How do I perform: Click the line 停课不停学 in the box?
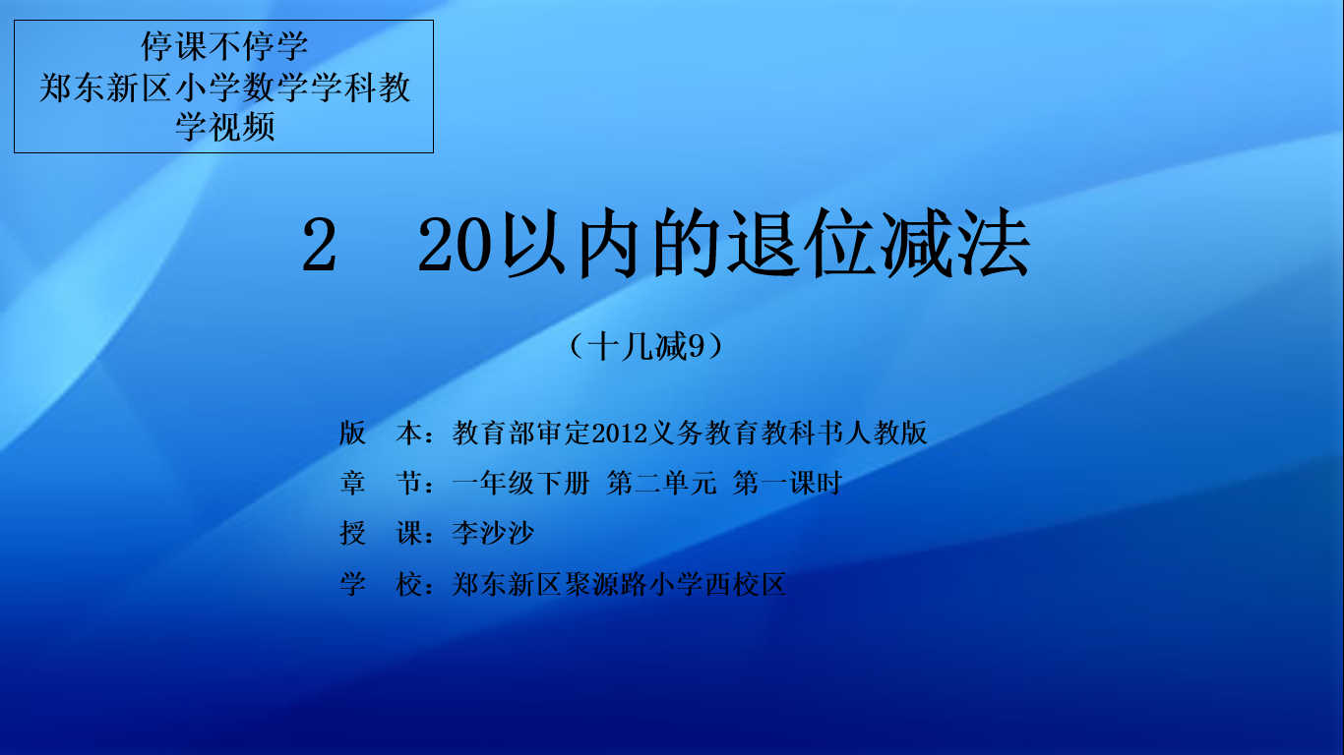224,46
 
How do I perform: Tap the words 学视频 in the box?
224,127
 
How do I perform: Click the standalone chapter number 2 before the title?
319,244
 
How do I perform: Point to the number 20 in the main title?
455,244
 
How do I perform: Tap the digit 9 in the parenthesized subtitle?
696,346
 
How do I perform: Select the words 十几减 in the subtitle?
637,346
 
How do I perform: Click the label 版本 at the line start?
382,433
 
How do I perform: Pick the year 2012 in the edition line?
620,433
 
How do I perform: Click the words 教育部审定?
520,433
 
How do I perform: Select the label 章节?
382,483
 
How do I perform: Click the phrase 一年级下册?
520,483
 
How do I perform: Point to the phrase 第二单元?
661,483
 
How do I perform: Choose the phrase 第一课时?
787,483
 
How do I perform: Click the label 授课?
382,533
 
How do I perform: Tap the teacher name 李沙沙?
493,533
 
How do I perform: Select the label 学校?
382,584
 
